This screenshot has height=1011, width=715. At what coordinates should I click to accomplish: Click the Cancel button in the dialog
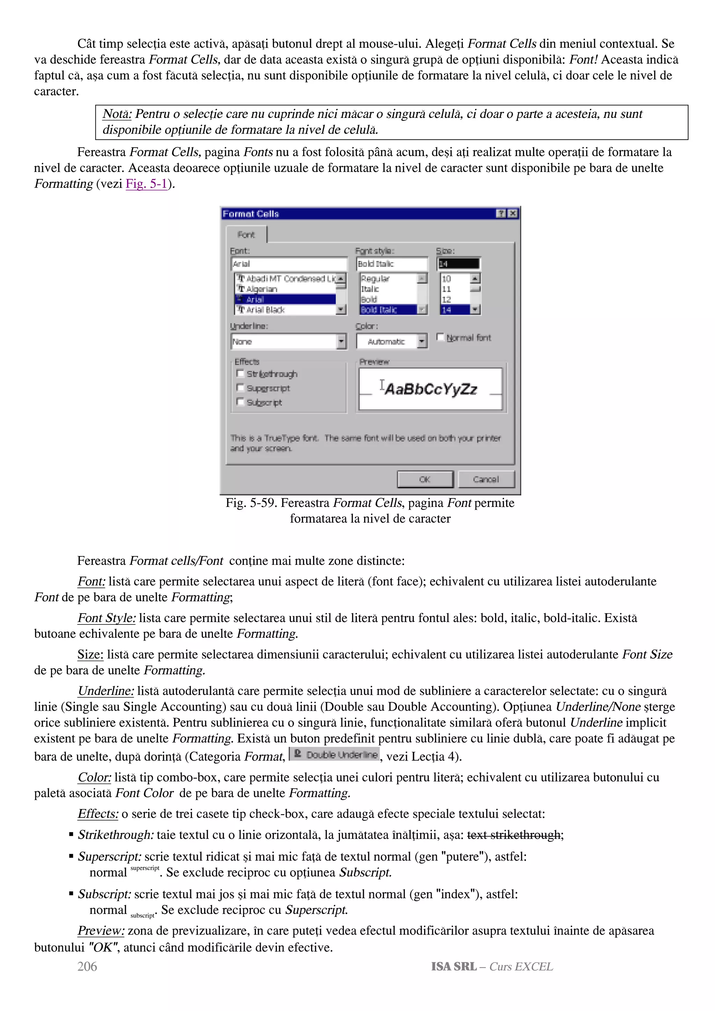coord(486,479)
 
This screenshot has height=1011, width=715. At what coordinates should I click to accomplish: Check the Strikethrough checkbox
coord(240,373)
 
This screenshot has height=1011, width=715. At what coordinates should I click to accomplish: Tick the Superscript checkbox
coord(240,388)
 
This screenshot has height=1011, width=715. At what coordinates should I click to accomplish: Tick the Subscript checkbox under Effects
coord(240,402)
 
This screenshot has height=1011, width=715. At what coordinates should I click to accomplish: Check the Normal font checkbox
coord(440,337)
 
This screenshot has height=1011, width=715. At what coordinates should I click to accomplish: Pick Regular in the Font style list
coord(375,279)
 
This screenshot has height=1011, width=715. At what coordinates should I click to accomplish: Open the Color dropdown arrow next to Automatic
coord(422,341)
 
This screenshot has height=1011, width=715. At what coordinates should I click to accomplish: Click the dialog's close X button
coord(513,214)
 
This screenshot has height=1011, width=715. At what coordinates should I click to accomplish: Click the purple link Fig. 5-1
coord(146,184)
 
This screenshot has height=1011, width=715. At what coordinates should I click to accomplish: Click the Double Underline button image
coord(335,755)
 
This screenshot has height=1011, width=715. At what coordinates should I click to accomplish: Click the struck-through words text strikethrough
coord(514,834)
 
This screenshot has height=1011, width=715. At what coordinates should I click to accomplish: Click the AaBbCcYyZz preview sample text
coord(431,389)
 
